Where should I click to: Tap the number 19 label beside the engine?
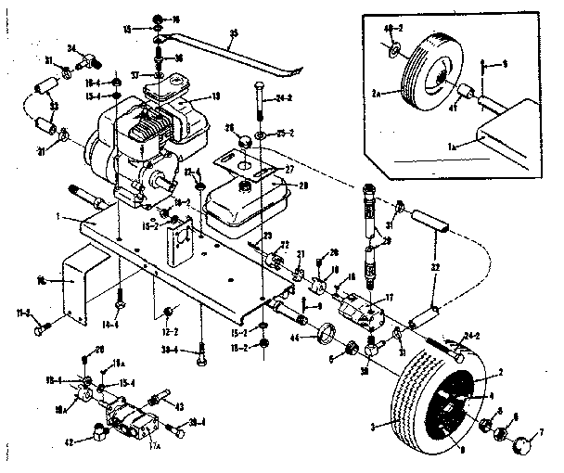[215, 96]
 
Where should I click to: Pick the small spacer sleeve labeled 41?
[464, 93]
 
